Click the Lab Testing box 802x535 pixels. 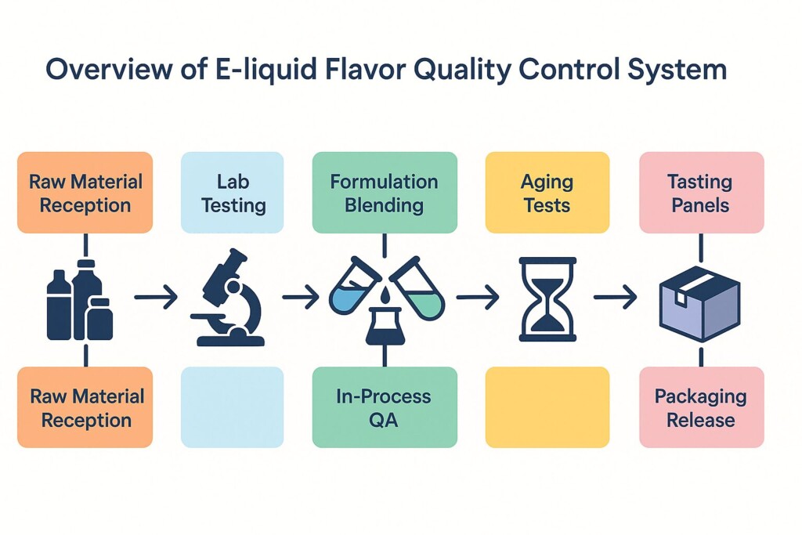pos(232,193)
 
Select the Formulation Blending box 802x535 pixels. pos(385,193)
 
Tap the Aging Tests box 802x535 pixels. pos(547,193)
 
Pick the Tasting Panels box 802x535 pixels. pos(701,193)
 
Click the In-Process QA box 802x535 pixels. pos(385,407)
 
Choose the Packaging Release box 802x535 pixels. pos(701,407)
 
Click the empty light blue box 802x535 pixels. pos(232,407)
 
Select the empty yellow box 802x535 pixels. pos(547,407)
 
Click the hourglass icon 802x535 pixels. pos(547,299)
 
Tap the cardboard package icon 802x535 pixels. pos(699,304)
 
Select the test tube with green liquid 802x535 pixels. pos(417,288)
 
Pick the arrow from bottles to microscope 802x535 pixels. pos(156,297)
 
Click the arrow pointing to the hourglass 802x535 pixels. pos(477,297)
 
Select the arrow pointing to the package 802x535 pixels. pos(615,297)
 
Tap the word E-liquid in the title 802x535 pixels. pos(266,69)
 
